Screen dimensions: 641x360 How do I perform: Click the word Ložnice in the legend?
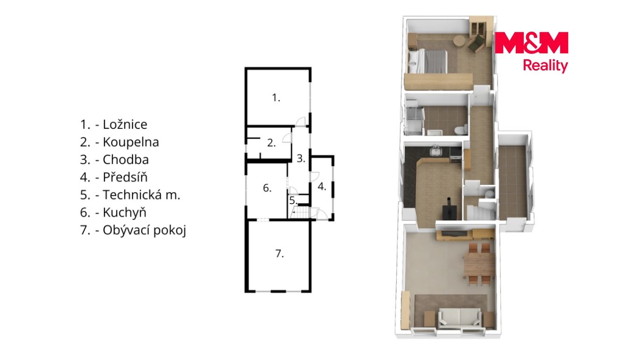tap(125, 124)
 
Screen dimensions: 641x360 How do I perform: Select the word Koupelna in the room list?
tap(131, 142)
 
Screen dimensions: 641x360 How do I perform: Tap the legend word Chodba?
tap(126, 160)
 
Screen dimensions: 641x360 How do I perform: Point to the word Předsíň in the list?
tap(125, 177)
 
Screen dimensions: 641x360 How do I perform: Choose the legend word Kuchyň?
tap(124, 212)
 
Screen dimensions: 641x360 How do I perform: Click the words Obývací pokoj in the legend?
tap(144, 230)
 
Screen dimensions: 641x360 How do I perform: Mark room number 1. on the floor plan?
tap(276, 98)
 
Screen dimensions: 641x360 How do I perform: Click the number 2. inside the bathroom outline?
tap(271, 143)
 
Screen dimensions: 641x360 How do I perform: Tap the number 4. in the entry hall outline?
tap(321, 186)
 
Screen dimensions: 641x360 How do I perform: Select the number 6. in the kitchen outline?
tap(267, 188)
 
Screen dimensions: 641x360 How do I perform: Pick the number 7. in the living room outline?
tap(279, 254)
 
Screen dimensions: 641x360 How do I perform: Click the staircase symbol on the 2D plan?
tap(300, 213)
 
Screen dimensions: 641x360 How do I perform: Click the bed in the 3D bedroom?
tap(427, 61)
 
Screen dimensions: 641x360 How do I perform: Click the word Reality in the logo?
tap(545, 66)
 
